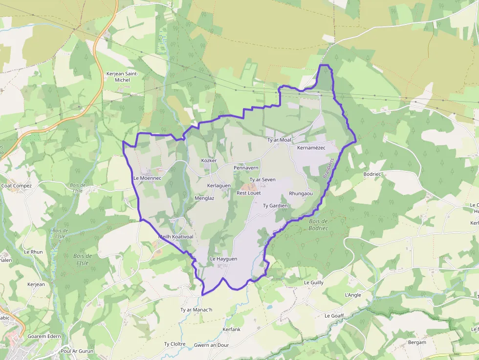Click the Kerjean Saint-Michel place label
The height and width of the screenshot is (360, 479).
(x=122, y=77)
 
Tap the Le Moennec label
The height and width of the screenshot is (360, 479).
(x=147, y=178)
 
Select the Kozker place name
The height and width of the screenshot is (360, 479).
(x=209, y=161)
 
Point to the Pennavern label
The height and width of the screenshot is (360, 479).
(x=246, y=168)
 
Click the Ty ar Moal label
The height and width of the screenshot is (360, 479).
(x=279, y=140)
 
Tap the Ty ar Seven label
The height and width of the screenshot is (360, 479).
(x=262, y=180)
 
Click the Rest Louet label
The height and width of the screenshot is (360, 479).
(x=249, y=193)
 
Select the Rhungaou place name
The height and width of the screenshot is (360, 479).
(x=301, y=193)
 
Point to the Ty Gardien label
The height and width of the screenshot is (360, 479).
(x=275, y=206)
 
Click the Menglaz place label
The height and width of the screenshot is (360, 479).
(x=204, y=198)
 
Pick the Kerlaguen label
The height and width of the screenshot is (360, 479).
(x=219, y=186)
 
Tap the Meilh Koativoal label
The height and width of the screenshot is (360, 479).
(x=175, y=237)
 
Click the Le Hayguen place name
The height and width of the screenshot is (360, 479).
(x=223, y=259)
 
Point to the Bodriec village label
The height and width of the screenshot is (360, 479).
(x=372, y=174)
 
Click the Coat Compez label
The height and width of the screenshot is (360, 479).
(x=16, y=186)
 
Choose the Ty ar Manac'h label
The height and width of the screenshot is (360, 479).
(x=196, y=310)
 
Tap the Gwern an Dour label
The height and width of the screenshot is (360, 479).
(x=211, y=345)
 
